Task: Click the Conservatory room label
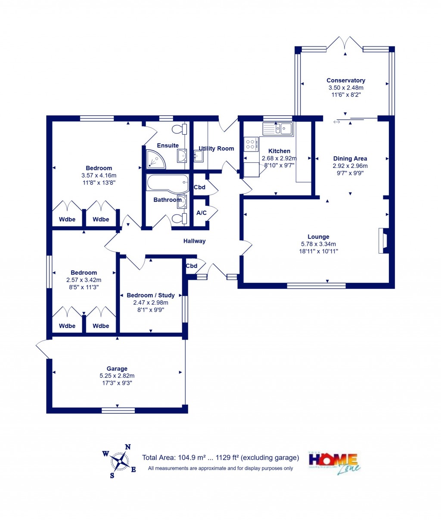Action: (345, 80)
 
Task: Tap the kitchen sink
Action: (278, 128)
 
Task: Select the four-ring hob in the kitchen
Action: (251, 144)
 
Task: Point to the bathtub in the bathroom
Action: (167, 183)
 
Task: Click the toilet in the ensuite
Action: (179, 129)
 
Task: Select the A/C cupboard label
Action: (201, 213)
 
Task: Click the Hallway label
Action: (194, 241)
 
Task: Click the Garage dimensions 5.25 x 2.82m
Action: (117, 376)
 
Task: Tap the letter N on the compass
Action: (127, 447)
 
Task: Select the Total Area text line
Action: (220, 458)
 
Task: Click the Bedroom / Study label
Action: (151, 295)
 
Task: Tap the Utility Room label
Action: (216, 149)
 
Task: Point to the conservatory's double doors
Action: (345, 43)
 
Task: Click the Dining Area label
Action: (350, 158)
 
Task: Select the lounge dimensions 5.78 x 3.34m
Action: (318, 244)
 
